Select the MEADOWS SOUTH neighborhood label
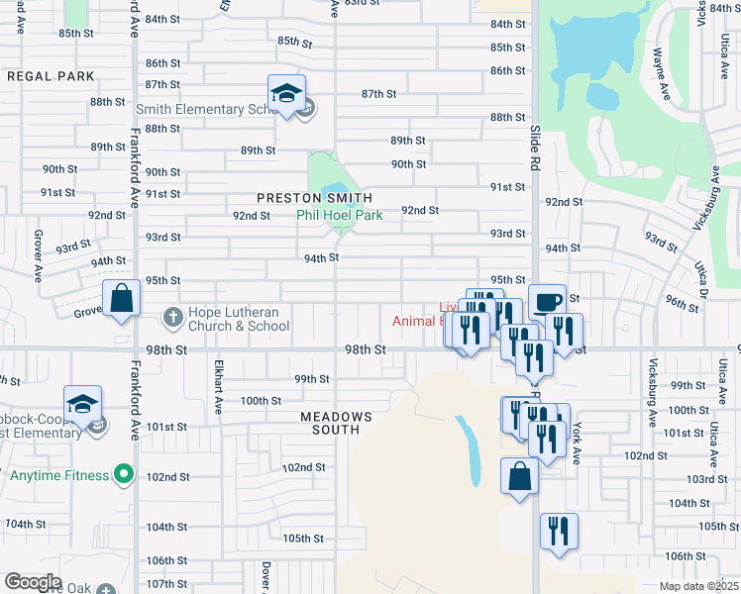(x=337, y=424)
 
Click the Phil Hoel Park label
(x=340, y=215)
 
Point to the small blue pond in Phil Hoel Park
(x=335, y=189)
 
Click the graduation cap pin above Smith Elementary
(x=286, y=94)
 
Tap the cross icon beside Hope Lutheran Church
(x=172, y=319)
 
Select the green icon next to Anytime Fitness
(x=123, y=475)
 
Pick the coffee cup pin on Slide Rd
(x=547, y=300)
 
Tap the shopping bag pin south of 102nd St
(x=519, y=476)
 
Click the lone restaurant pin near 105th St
(x=559, y=531)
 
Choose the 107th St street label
(x=166, y=584)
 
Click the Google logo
(x=32, y=582)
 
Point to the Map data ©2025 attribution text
(x=698, y=586)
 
